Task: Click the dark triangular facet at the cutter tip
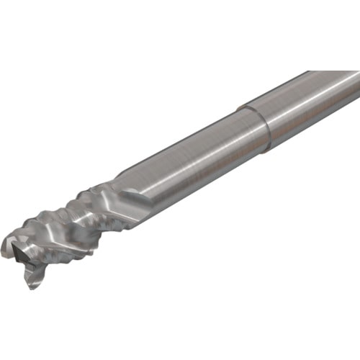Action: pos(18,252)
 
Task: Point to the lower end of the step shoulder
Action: pos(268,149)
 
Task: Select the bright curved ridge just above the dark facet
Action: pos(25,234)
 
